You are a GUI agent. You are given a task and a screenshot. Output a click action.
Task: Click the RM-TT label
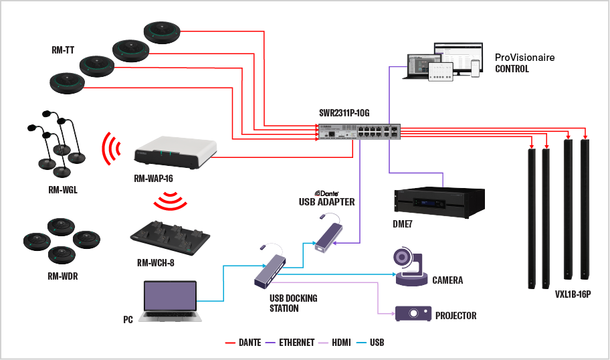click(63, 50)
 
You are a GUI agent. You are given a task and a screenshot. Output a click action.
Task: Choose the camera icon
click(408, 268)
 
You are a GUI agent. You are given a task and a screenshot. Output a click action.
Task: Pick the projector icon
click(412, 314)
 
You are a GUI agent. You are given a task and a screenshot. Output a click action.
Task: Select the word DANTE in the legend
click(249, 343)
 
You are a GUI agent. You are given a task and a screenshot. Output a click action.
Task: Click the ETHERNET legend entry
click(297, 343)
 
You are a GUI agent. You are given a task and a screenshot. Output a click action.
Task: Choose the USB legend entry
click(377, 343)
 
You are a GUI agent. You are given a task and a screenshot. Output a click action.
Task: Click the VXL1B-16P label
click(573, 294)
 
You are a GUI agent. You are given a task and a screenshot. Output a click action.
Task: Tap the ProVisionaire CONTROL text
click(524, 63)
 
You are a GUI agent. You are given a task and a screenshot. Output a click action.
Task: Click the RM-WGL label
click(63, 190)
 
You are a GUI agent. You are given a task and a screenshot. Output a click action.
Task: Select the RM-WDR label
click(63, 275)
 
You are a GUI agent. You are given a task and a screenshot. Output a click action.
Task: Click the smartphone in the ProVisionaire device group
click(475, 68)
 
